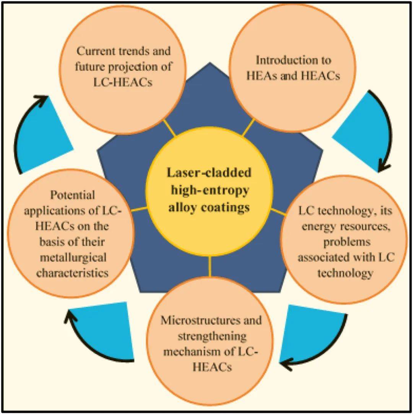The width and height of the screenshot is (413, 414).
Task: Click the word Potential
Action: (72, 195)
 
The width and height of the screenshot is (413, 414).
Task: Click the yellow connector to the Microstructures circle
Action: (210, 267)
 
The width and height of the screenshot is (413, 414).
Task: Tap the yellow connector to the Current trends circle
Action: (171, 128)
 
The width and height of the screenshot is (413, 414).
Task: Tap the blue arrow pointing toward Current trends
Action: (42, 138)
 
